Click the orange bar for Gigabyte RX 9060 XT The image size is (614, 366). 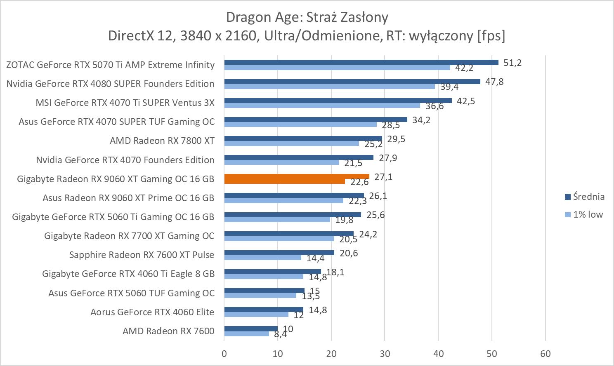tap(296, 176)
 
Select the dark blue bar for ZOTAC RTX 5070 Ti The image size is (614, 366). tap(361, 63)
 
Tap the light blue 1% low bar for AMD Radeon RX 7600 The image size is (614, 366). tap(246, 333)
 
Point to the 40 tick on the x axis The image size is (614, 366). tap(438, 354)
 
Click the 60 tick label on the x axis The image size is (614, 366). tap(545, 354)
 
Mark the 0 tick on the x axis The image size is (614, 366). tap(224, 354)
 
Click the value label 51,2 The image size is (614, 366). tap(512, 63)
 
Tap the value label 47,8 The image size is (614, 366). tap(494, 82)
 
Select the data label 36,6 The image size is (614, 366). tap(435, 106)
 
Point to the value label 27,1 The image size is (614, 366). tap(383, 177)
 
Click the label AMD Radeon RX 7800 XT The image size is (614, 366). tap(162, 141)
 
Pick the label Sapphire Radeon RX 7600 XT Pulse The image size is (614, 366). tap(142, 255)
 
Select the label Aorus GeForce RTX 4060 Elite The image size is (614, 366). tap(152, 312)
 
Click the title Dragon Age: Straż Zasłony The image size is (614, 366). tap(307, 17)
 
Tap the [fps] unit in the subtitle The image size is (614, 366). tap(491, 36)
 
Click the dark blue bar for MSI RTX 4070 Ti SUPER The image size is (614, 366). tap(338, 101)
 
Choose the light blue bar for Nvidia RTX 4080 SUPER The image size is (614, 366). tap(329, 87)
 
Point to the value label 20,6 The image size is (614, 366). tap(349, 253)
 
